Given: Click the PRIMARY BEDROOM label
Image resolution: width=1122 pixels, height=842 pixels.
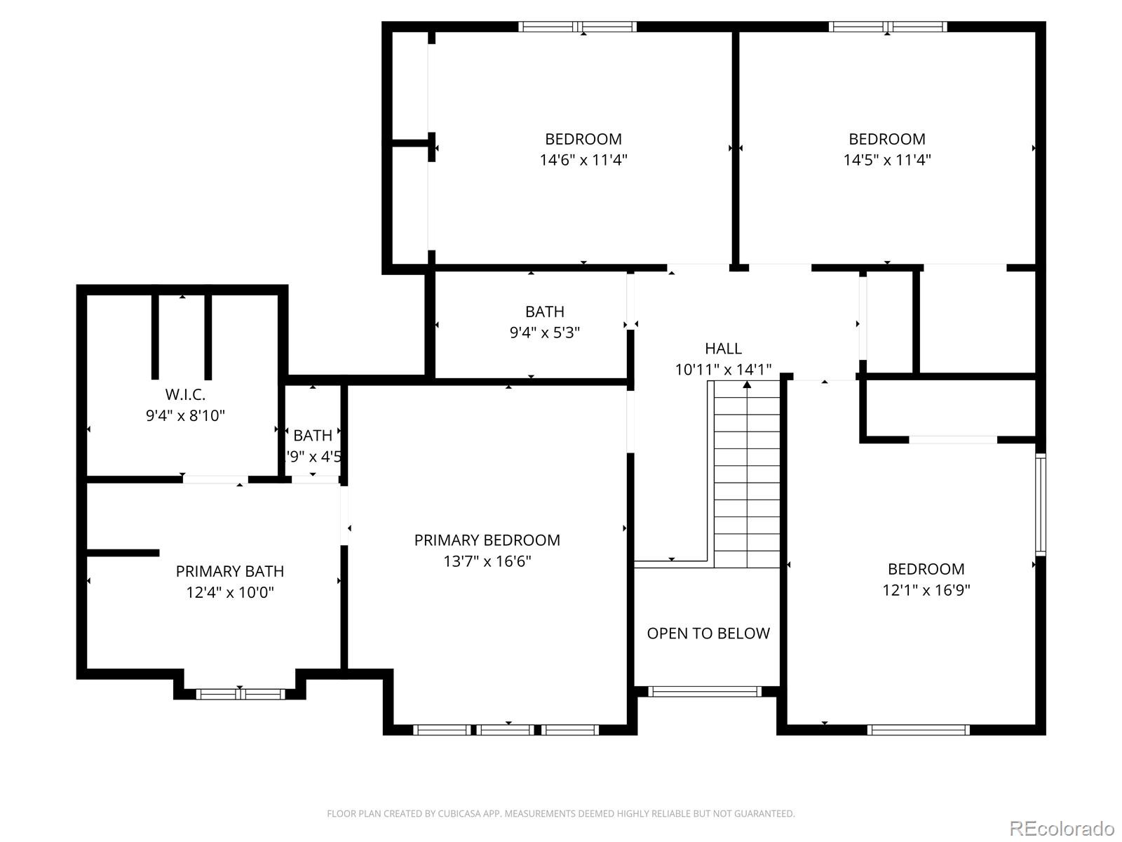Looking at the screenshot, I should [x=487, y=540].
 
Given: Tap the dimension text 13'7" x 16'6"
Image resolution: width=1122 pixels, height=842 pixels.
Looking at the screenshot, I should [x=487, y=561].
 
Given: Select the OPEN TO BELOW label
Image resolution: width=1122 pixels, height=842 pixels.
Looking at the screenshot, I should [x=708, y=634].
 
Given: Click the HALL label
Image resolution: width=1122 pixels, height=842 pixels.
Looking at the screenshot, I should [x=723, y=349].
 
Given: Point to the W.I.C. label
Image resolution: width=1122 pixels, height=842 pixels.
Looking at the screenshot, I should [x=185, y=394].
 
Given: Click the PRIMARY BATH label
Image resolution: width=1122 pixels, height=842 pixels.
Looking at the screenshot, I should [x=229, y=571].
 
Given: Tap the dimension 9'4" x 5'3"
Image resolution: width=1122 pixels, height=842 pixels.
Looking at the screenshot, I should [x=544, y=333].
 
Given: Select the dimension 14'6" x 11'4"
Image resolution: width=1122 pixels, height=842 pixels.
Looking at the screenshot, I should [x=583, y=160].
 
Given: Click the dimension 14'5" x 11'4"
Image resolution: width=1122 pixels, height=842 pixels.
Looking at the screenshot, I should [x=886, y=160].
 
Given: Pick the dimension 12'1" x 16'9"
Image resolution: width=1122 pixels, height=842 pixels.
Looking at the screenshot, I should [x=926, y=590].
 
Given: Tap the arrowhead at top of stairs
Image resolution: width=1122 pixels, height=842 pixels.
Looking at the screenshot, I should [x=747, y=385].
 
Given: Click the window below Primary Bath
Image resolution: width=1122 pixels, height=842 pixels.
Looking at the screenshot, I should [x=240, y=694].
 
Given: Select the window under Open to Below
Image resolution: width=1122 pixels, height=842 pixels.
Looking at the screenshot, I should [x=704, y=692].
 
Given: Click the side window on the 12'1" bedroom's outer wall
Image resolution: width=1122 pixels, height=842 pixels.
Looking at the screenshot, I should [x=1041, y=505].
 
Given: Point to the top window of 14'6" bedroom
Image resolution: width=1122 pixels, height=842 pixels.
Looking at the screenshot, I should [x=577, y=27].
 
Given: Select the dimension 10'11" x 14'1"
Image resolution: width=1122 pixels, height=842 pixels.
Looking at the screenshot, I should [x=723, y=370].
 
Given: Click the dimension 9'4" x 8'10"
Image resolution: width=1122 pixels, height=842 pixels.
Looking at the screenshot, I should [x=185, y=415].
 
